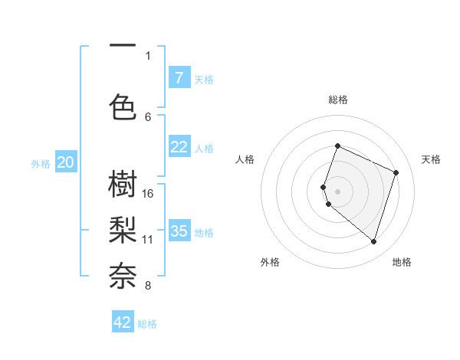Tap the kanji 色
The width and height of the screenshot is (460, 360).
pos(123,106)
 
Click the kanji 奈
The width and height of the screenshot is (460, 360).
pos(123,273)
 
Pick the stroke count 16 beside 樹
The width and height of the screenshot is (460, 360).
pos(148,193)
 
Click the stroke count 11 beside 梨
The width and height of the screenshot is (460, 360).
pos(148,239)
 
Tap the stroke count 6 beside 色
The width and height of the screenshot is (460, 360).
pos(148,116)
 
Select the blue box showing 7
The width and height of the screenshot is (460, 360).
pos(179,77)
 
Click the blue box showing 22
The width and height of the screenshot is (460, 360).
pos(179,146)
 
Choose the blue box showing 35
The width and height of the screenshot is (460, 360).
pos(179,231)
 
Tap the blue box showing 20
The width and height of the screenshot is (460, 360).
pos(66,162)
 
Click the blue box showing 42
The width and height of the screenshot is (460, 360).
pos(123,322)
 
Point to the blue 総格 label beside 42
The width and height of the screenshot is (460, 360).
pos(147,324)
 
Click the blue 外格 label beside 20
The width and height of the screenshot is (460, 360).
pos(41,163)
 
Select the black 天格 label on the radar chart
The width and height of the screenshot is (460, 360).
pos(431,159)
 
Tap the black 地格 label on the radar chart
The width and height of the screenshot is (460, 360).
pos(402,262)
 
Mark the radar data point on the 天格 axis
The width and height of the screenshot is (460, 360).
pos(396,172)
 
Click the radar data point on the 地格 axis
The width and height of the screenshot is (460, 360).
pos(373,241)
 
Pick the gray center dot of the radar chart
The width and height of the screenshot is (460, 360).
pos(338,191)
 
